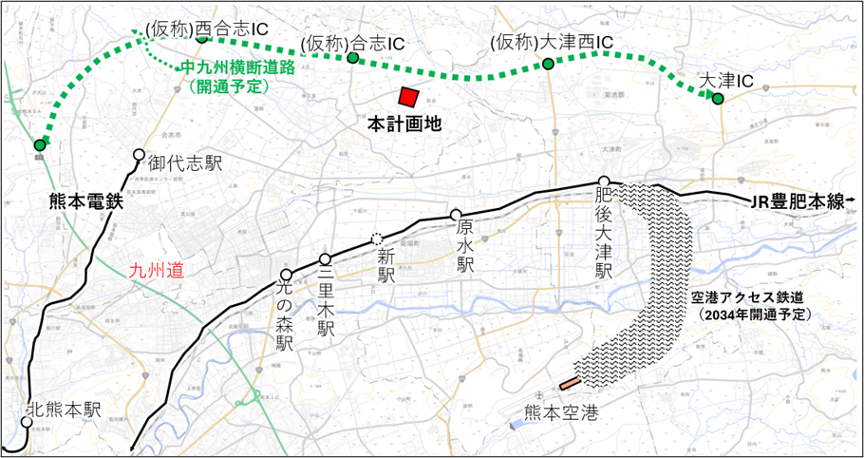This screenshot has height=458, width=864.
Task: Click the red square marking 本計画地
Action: coord(409,98)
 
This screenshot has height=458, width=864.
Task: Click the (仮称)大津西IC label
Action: coord(553,43)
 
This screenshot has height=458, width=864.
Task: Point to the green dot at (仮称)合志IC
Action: coord(352,58)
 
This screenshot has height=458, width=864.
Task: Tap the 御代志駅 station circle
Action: coord(139,155)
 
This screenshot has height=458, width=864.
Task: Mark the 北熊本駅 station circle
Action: coord(27,421)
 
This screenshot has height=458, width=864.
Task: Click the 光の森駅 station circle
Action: coord(286,275)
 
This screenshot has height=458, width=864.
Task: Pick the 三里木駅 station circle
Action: coord(325,259)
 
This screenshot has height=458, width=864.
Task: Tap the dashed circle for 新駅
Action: coord(378,239)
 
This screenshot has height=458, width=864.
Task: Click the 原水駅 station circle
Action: coord(456,215)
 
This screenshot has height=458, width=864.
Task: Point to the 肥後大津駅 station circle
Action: coord(603,181)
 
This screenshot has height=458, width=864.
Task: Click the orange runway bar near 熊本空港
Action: coord(570,384)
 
